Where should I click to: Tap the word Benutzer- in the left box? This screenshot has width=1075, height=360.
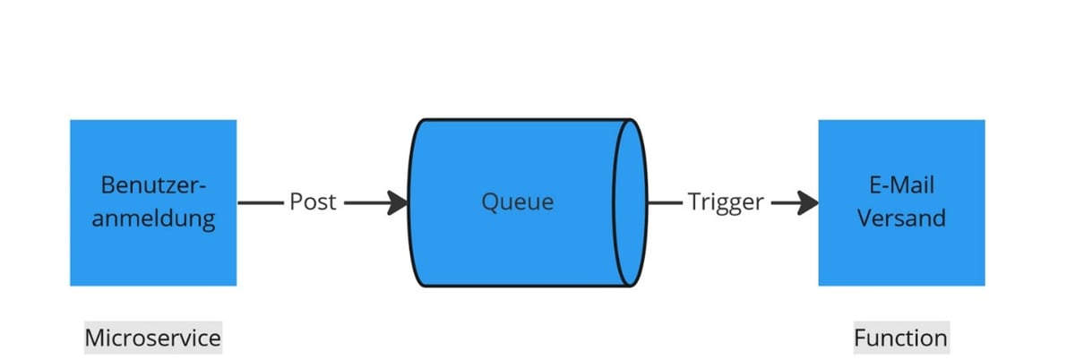click(x=153, y=186)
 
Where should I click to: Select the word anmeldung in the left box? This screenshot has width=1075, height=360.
click(x=153, y=218)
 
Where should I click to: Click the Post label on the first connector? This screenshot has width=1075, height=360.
click(x=313, y=202)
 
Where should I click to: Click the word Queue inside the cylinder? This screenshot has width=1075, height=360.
click(x=517, y=202)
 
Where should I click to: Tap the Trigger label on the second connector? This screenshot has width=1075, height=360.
click(x=725, y=202)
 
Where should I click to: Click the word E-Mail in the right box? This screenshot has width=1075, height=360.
click(x=901, y=186)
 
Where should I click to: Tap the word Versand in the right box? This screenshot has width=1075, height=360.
click(x=901, y=218)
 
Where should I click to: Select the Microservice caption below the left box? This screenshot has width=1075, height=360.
click(x=152, y=338)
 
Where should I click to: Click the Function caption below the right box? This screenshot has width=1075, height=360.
click(x=900, y=338)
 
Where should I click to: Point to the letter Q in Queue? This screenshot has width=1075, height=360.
click(x=489, y=202)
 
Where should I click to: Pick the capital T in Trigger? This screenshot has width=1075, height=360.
click(x=692, y=202)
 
